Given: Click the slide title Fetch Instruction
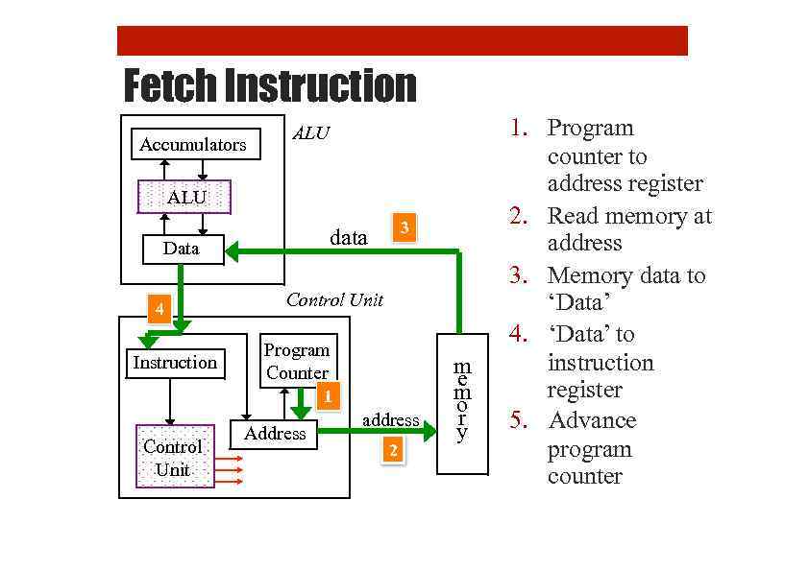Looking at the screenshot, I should tap(270, 86).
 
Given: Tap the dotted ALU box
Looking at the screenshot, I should tap(185, 197).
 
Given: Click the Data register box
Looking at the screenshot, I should tap(183, 250).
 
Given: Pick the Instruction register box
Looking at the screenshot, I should tap(175, 363).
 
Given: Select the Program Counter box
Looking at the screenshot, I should tap(298, 361).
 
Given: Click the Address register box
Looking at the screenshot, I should tap(274, 434).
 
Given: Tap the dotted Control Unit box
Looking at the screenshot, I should tap(174, 458).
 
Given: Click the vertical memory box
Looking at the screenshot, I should tap(462, 403).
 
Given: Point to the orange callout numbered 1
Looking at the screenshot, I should tap(328, 396).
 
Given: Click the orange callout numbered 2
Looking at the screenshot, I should tap(392, 450).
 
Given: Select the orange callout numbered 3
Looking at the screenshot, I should tap(405, 227).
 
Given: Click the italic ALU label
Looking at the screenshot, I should tap(309, 133).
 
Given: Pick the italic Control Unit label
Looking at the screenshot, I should tap(334, 300).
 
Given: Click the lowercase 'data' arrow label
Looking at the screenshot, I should tap(348, 237).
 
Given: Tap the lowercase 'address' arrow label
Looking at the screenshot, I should tap(390, 419).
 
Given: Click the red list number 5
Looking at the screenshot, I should tap(519, 420).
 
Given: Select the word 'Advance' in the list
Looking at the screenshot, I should tap(591, 420).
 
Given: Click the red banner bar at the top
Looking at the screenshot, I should tap(402, 41).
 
